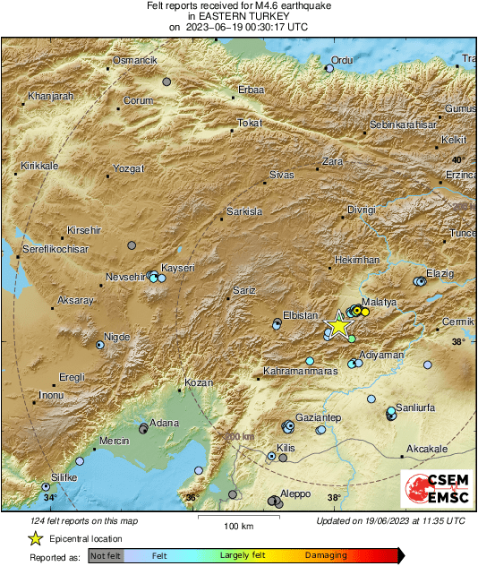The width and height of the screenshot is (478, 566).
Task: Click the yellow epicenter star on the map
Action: pos(340,325)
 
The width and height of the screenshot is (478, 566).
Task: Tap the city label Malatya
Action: pos(378,303)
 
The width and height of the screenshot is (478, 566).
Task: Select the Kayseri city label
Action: pos(177,268)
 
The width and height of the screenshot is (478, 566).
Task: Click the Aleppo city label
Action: pos(295,494)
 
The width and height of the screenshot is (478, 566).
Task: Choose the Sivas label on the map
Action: pos(282,174)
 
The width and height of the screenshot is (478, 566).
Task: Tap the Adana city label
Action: pos(164,423)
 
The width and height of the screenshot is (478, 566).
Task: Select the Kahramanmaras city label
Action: pos(300,370)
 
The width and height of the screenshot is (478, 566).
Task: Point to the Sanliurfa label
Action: pos(414,407)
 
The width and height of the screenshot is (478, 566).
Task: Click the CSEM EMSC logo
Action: pos(434,489)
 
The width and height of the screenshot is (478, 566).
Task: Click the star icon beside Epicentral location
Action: pos(35,538)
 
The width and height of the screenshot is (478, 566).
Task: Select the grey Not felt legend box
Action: pos(105,555)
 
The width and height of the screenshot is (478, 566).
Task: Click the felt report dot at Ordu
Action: pos(329,68)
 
